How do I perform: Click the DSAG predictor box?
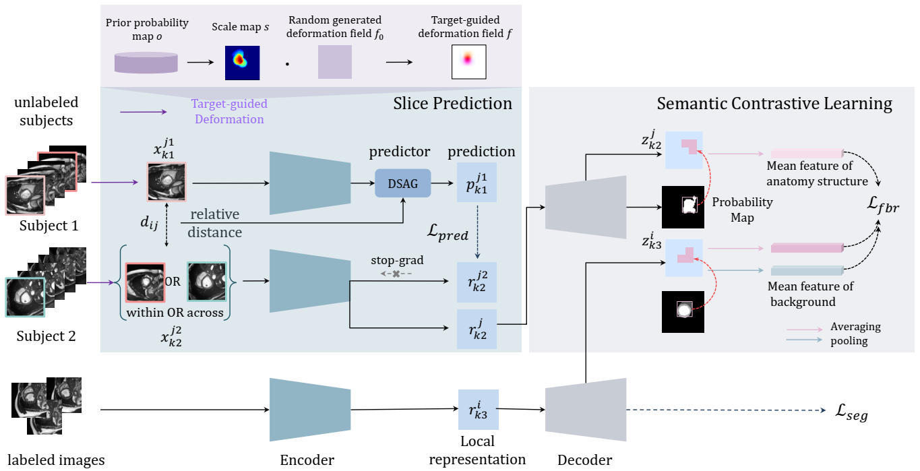coord(402,183)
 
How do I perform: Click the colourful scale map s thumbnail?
coord(242,61)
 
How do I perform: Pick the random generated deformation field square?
coord(335,62)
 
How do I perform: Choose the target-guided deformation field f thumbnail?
coord(468,62)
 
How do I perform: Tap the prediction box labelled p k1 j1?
coord(477,182)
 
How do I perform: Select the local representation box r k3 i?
coord(478,410)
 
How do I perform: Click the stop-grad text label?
coord(396,260)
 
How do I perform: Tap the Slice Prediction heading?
coord(453,103)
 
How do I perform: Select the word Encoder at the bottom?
coord(307,460)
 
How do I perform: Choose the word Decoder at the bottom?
coord(585,460)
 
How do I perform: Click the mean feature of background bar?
coord(807,270)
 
